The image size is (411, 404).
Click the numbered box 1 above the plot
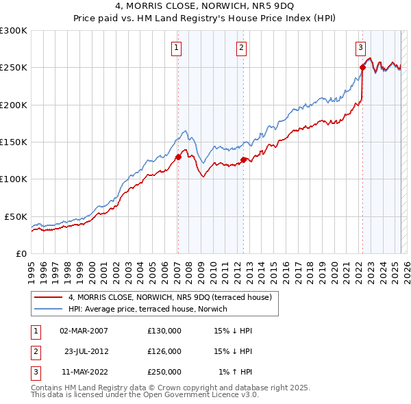tap(177, 47)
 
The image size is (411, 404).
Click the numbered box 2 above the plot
tap(242, 47)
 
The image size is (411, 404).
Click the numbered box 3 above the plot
tap(360, 47)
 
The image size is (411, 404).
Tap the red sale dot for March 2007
tap(178, 157)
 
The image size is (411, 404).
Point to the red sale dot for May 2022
tap(362, 67)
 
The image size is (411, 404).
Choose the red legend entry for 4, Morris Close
tap(170, 297)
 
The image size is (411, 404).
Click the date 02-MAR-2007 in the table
tap(84, 331)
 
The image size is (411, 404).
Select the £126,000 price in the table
tap(164, 351)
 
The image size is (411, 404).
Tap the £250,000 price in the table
tap(164, 372)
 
